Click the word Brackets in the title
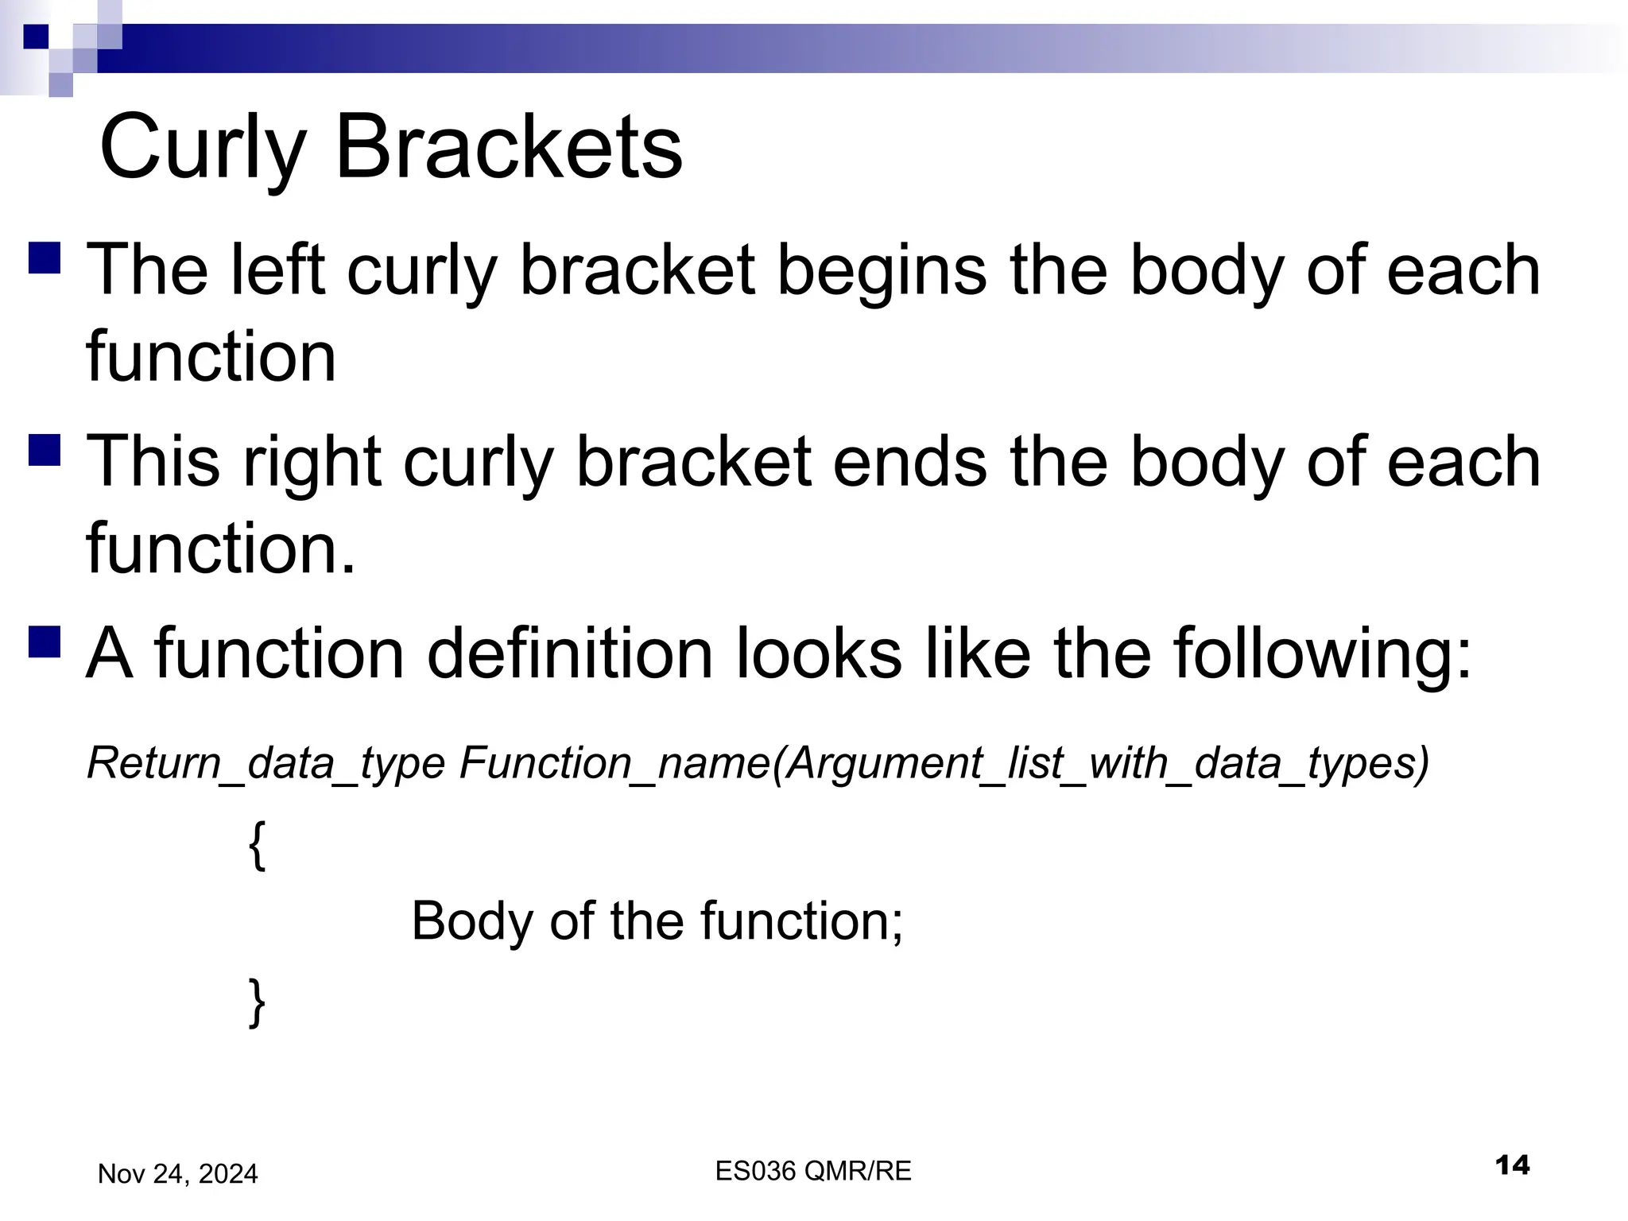tap(509, 148)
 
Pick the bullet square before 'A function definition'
tap(45, 642)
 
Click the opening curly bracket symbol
tap(256, 846)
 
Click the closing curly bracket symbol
tap(256, 1002)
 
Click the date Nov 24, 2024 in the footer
tap(177, 1174)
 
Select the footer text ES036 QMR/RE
tap(812, 1171)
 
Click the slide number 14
tap(1511, 1166)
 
